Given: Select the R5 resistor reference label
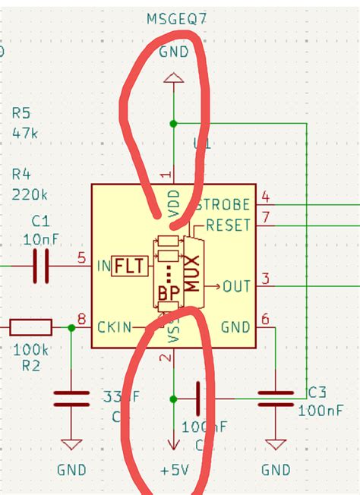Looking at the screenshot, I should coord(22,114).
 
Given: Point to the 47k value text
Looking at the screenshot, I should coord(25,133).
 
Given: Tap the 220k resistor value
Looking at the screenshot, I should coord(29,194).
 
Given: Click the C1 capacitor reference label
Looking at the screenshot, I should coord(41,221).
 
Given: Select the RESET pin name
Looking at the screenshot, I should coord(228,224).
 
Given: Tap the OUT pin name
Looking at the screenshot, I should coord(236,286).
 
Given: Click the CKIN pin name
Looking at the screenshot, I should coord(114,327).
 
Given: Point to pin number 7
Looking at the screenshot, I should coord(265,218).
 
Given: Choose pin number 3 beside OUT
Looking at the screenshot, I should coord(265,279).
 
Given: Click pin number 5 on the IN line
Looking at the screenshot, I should coord(81,258).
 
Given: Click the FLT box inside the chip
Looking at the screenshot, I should coord(129,266).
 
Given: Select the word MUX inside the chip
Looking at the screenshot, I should coord(192,273).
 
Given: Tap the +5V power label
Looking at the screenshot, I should coord(174,470).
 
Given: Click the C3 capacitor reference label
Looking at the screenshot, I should coord(317,392).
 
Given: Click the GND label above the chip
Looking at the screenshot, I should coord(174,51).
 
